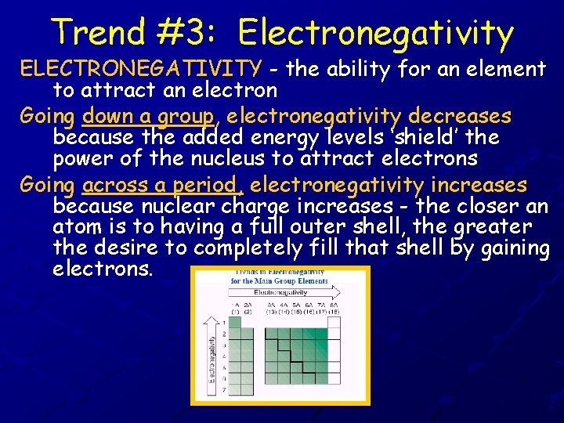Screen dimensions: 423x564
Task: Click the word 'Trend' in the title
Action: point(99,33)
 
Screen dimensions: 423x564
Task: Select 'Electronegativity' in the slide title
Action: point(376,33)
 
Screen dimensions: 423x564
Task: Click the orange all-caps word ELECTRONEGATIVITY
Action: point(141,69)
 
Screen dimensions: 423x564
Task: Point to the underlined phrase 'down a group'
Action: point(147,117)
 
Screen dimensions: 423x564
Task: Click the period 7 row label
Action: point(224,389)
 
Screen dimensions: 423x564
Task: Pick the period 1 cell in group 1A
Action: point(235,322)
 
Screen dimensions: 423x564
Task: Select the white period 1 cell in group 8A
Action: point(333,322)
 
